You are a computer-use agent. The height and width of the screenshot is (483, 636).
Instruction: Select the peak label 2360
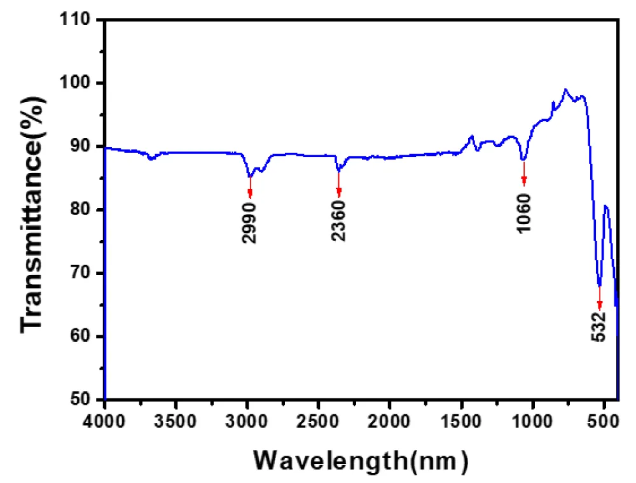pyautogui.click(x=338, y=221)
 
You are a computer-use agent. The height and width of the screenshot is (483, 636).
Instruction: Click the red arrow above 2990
pyautogui.click(x=250, y=187)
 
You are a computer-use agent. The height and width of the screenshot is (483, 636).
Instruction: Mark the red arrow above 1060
pyautogui.click(x=524, y=173)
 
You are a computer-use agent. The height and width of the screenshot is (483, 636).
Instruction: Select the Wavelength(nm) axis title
pyautogui.click(x=361, y=459)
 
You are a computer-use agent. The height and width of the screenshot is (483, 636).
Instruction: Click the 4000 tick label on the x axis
pyautogui.click(x=105, y=421)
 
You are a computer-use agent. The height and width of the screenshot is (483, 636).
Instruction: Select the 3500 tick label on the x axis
pyautogui.click(x=176, y=421)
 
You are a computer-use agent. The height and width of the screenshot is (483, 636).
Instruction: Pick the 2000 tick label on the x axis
pyautogui.click(x=390, y=421)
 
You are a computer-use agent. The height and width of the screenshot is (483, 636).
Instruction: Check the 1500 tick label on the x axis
pyautogui.click(x=461, y=421)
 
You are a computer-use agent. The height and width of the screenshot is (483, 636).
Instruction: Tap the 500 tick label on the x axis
pyautogui.click(x=604, y=421)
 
